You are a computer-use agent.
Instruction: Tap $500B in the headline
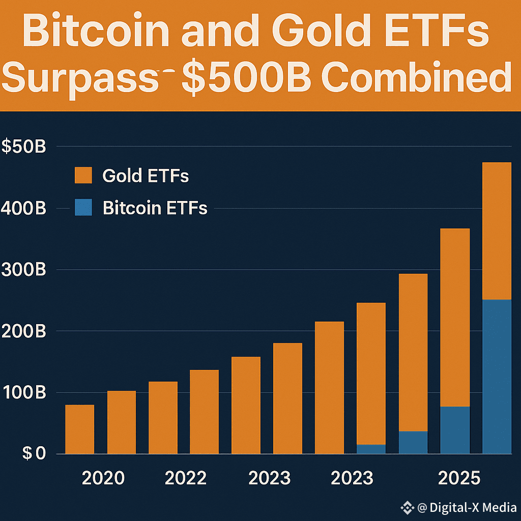[247, 78]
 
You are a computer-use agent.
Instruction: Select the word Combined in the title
[417, 77]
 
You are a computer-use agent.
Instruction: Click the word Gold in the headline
[321, 30]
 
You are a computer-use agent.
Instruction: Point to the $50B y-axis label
[23, 146]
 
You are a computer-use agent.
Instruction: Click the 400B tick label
[23, 208]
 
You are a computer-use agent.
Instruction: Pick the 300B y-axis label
[23, 270]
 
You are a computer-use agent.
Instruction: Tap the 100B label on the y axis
[24, 392]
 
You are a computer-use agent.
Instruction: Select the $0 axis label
[34, 453]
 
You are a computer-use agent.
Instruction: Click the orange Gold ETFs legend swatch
[83, 175]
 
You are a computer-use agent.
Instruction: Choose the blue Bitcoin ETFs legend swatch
[83, 208]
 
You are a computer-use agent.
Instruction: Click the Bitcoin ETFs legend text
[155, 208]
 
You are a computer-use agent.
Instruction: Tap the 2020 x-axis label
[103, 478]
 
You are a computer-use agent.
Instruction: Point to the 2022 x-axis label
[186, 478]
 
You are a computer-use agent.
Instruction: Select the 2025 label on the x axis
[459, 478]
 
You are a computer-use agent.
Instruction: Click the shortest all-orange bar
[80, 429]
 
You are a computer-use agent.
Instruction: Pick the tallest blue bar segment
[497, 377]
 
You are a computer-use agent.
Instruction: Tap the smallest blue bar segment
[371, 449]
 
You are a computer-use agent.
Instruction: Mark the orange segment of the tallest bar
[497, 231]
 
